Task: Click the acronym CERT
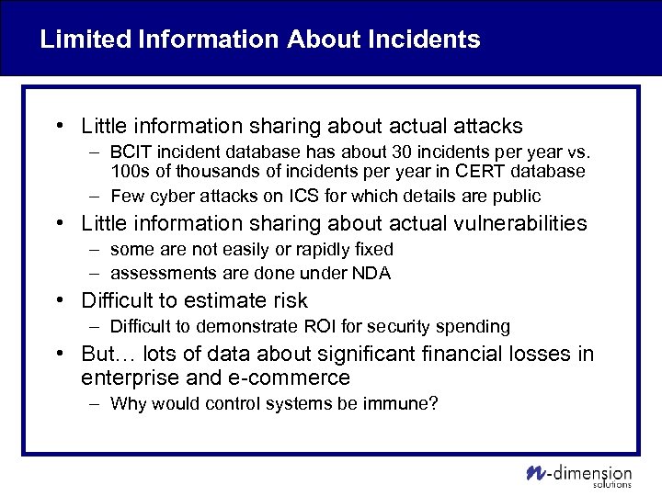[x=469, y=171]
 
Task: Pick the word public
[x=518, y=196]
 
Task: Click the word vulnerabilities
[x=515, y=223]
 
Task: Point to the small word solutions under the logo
[x=611, y=485]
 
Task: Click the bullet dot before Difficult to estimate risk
[x=58, y=300]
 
